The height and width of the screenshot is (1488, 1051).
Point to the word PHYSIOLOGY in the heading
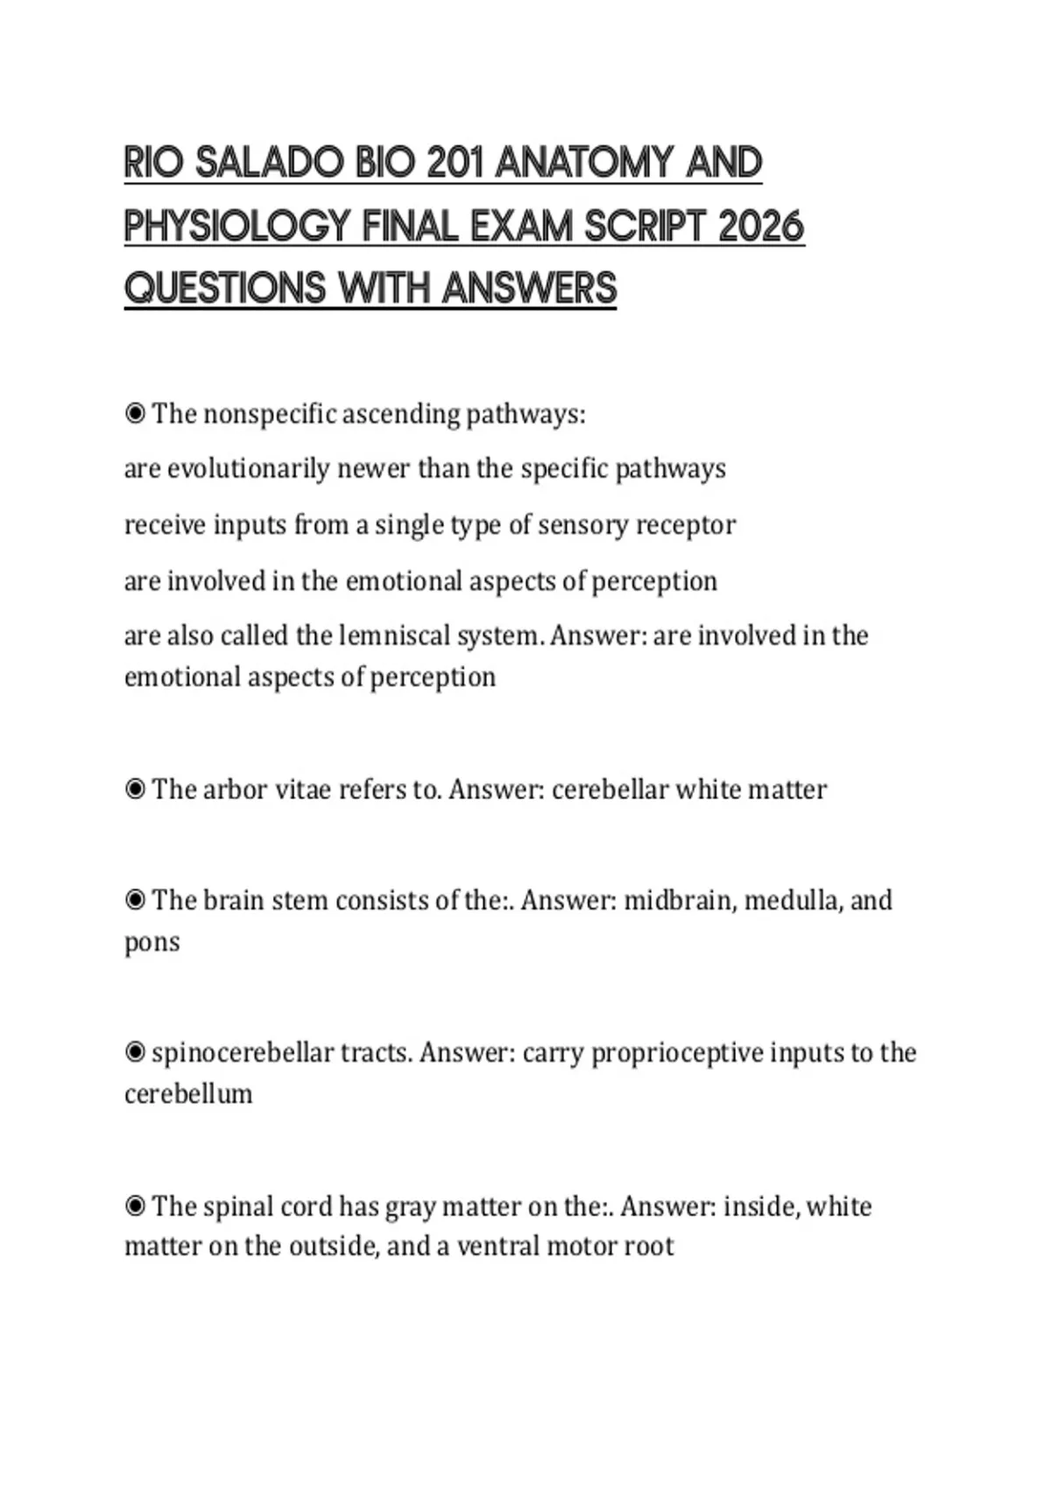237,227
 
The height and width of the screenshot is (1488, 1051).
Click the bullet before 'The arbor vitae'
135,790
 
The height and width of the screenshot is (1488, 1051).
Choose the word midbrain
679,901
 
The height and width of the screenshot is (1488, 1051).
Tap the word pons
152,944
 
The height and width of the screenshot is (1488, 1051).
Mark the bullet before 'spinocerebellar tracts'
135,1053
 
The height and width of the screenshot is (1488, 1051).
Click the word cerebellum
188,1094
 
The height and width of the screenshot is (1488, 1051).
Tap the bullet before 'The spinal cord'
135,1207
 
